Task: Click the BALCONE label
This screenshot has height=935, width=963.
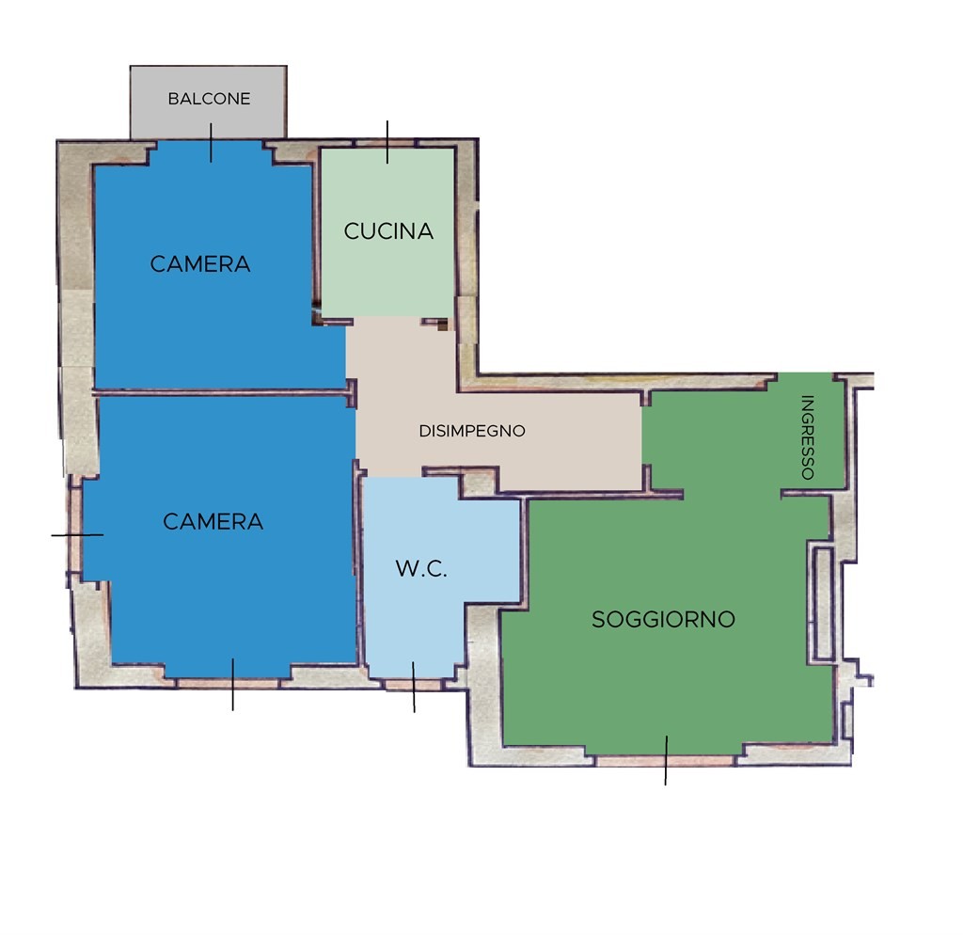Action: pos(209,99)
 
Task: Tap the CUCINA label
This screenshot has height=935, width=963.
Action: pos(388,231)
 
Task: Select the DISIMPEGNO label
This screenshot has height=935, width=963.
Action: pos(472,431)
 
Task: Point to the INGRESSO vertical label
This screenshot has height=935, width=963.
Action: pos(808,436)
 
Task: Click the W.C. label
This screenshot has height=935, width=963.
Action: pos(421,568)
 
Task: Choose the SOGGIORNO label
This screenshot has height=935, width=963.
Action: pos(663,619)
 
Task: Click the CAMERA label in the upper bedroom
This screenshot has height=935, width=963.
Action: pos(200,264)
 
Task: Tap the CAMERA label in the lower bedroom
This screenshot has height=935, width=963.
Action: pos(213,521)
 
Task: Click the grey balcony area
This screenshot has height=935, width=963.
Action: pos(208,102)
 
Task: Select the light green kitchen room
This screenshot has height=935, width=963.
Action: pos(387,232)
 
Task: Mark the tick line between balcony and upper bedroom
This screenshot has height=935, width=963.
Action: pos(212,143)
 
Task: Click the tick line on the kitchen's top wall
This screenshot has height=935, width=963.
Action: pos(387,142)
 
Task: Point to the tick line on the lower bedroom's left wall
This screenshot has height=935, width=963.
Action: pos(77,535)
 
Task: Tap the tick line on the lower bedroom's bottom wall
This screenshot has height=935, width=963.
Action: pos(233,685)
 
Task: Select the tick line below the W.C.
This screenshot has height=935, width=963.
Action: pos(414,687)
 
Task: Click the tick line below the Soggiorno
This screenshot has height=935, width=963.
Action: pos(667,761)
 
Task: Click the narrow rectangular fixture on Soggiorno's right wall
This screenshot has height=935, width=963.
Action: pos(823,603)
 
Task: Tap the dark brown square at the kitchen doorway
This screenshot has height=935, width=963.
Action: pos(442,326)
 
